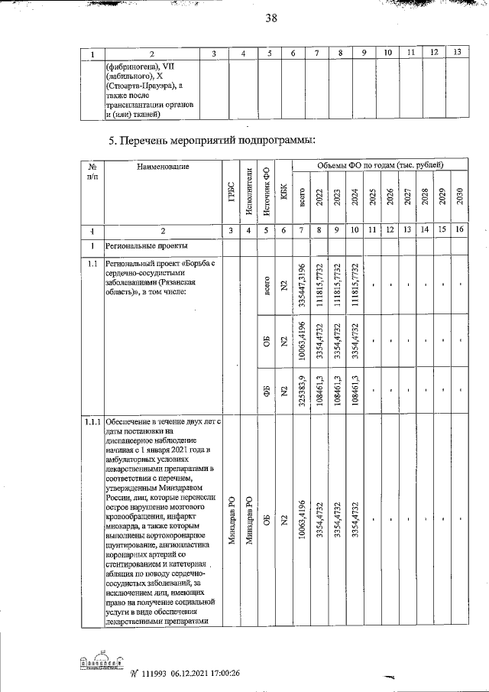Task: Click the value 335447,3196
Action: point(303,287)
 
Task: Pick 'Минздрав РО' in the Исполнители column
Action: point(248,520)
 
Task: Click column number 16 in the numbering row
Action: point(459,229)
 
